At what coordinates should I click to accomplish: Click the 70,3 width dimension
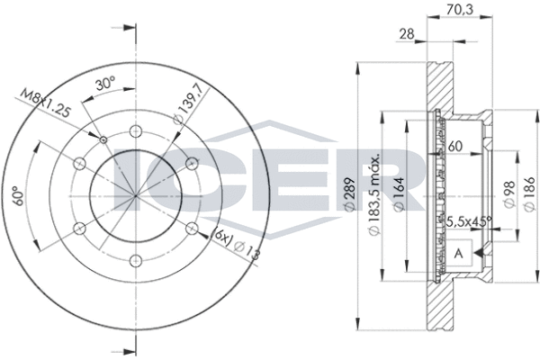click(x=460, y=9)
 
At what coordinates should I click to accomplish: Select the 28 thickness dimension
click(x=407, y=34)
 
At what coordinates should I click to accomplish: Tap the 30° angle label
click(x=105, y=84)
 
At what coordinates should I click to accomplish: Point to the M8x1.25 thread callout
click(x=46, y=103)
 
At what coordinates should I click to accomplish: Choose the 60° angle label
click(x=19, y=195)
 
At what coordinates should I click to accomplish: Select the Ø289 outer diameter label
click(x=349, y=194)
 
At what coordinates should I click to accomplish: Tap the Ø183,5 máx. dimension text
click(x=374, y=193)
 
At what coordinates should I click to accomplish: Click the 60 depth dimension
click(x=454, y=147)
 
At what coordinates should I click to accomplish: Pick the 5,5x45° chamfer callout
click(x=469, y=221)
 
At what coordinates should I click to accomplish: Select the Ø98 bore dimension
click(x=509, y=194)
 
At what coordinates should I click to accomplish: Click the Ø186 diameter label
click(x=529, y=194)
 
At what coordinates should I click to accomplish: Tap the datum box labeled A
click(x=459, y=253)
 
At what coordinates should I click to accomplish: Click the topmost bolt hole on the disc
click(x=136, y=130)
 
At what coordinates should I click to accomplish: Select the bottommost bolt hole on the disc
click(x=136, y=261)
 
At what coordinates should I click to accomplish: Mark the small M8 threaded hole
click(x=103, y=139)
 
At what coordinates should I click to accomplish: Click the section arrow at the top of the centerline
click(x=125, y=28)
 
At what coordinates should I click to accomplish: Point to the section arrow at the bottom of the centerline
click(x=125, y=352)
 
